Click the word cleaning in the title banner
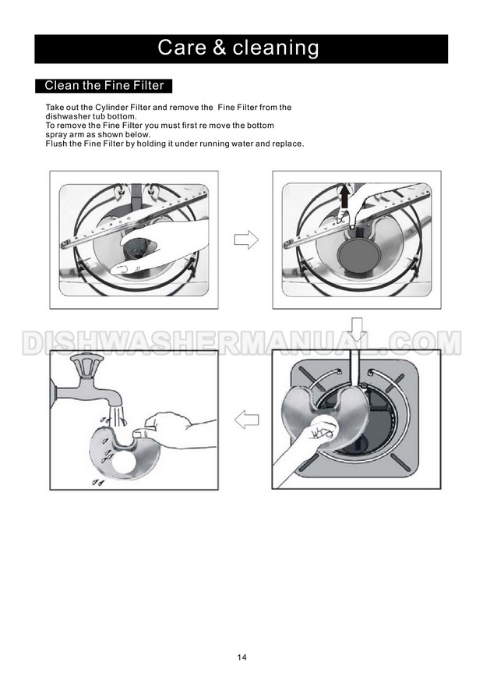[x=276, y=48]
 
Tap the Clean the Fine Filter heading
[x=104, y=86]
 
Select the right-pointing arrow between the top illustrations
[x=246, y=239]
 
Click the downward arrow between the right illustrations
[x=358, y=329]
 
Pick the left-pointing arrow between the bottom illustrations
[x=246, y=419]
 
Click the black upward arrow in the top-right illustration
[x=344, y=197]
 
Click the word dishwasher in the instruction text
[x=68, y=116]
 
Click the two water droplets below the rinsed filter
[x=98, y=482]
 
